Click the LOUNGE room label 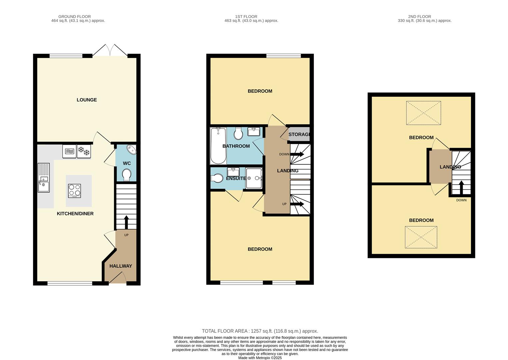tap(87, 100)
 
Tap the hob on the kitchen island tap(74, 191)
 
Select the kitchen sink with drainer tap(44, 178)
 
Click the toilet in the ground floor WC tap(127, 175)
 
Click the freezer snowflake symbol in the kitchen tap(84, 151)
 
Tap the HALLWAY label tap(121, 266)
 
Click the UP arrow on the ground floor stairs tap(126, 222)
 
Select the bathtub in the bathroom tap(218, 146)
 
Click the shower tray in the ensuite tap(254, 178)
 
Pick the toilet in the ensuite tap(217, 178)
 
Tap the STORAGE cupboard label tap(299, 134)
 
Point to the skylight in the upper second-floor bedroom tap(423, 113)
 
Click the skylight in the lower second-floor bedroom tap(421, 237)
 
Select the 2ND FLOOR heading tap(419, 16)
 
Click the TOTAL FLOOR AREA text tap(260, 331)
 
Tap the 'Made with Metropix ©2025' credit tap(260, 358)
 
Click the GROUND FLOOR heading tap(74, 16)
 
